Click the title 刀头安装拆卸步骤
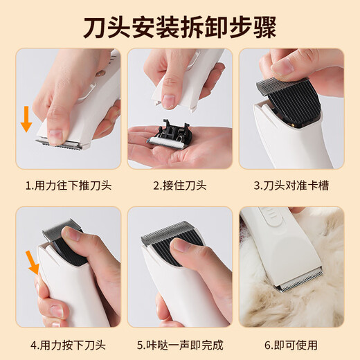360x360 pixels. [x=179, y=28]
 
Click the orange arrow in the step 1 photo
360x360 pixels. [x=26, y=117]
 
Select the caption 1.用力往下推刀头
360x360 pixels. [x=68, y=186]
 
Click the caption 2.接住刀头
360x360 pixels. [x=179, y=186]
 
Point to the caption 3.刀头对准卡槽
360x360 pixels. [x=291, y=186]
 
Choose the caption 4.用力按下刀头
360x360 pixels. [x=68, y=343]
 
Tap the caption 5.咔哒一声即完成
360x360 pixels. [x=179, y=343]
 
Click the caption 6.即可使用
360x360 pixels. [x=291, y=343]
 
